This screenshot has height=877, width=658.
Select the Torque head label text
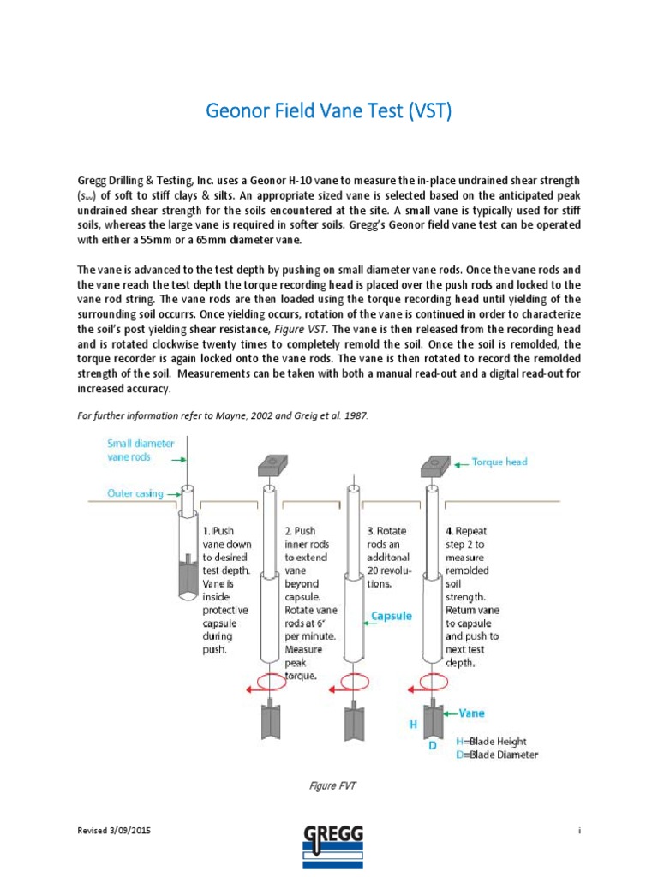click(x=499, y=462)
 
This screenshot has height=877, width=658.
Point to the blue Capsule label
click(x=392, y=615)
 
